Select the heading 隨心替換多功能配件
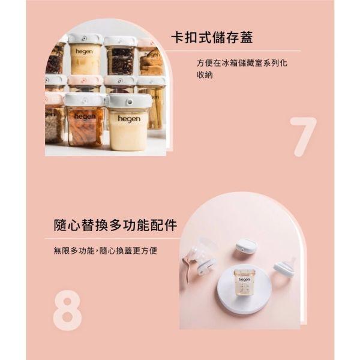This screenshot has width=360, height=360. coord(115,225)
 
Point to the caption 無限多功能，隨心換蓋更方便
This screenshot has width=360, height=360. coord(105,250)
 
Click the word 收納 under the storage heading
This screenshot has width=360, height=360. coord(205,76)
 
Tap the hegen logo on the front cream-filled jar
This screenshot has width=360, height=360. coord(128,119)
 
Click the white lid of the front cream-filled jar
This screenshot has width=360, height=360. coord(128,101)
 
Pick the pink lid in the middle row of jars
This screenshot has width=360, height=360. coord(85,80)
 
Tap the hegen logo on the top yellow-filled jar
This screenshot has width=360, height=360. coord(85,52)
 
